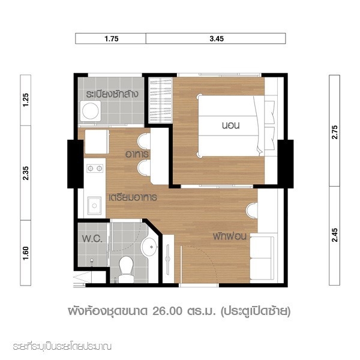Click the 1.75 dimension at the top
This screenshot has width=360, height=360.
pos(112,38)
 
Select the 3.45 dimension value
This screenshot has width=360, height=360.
pos(217,38)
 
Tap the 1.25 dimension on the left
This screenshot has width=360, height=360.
pos(26,100)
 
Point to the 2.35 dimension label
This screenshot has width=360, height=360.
pos(26,173)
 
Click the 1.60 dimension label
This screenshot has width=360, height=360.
pos(26,253)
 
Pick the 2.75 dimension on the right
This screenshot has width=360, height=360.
pos(335,132)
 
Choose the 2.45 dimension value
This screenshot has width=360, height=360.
pos(335,235)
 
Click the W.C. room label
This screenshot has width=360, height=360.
pos(92,239)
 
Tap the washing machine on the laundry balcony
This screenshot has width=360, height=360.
pos(91,111)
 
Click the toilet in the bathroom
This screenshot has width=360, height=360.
pos(126,269)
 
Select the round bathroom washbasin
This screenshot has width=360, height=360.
pos(149,247)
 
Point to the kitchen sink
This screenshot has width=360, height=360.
pos(94,206)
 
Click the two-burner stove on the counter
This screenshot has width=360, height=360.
pos(95,169)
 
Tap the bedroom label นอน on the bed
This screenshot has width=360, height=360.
pos(231,125)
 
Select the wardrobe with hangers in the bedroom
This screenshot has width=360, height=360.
pos(160,100)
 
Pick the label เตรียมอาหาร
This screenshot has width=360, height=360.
pos(133,197)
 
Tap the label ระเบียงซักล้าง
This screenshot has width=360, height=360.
pos(112,94)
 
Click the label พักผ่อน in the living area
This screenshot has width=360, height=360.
pos(230,236)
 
